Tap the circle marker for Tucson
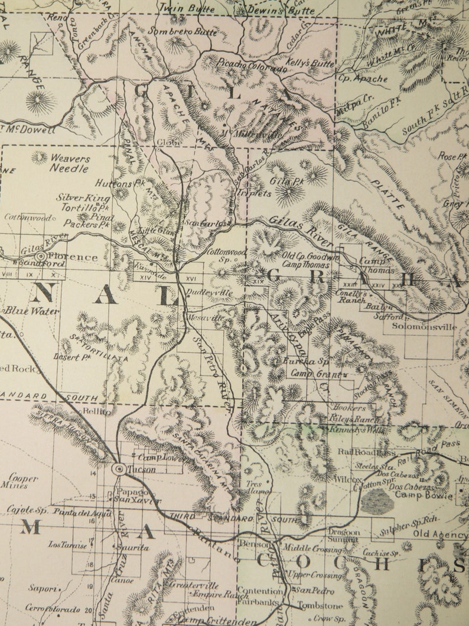point(118,469)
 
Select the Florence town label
point(74,257)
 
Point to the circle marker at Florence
point(41,257)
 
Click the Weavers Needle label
point(70,164)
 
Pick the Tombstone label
point(320,606)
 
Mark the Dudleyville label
point(210,293)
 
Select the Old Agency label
point(439,534)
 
